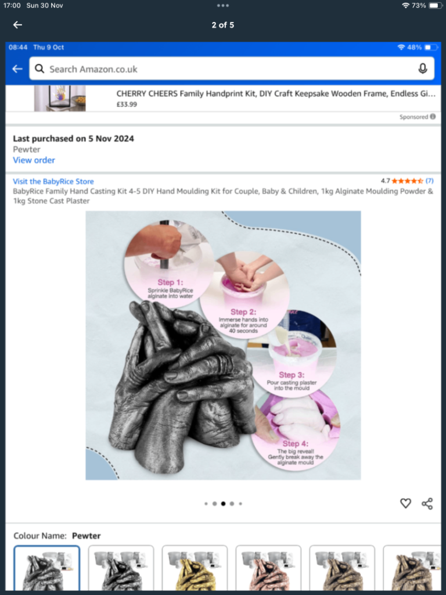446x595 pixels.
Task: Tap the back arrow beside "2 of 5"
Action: pyautogui.click(x=17, y=25)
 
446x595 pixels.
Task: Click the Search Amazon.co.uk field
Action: pyautogui.click(x=221, y=69)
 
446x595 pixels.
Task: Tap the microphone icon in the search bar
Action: pyautogui.click(x=423, y=69)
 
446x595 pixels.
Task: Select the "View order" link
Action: pyautogui.click(x=34, y=160)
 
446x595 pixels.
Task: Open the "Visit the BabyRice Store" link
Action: pyautogui.click(x=53, y=181)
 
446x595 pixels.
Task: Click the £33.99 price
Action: pyautogui.click(x=127, y=105)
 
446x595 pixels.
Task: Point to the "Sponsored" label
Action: pyautogui.click(x=414, y=117)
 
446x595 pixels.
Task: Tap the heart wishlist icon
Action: pyautogui.click(x=405, y=504)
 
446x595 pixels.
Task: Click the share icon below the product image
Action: pyautogui.click(x=427, y=504)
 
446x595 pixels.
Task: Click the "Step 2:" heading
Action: pyautogui.click(x=243, y=312)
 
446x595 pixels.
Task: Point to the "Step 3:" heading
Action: pyautogui.click(x=292, y=375)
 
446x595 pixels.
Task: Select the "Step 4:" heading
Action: pyautogui.click(x=295, y=443)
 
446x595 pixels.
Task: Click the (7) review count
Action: pyautogui.click(x=430, y=181)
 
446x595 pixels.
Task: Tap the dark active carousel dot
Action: pyautogui.click(x=223, y=504)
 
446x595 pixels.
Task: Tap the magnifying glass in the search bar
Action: pyautogui.click(x=39, y=69)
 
